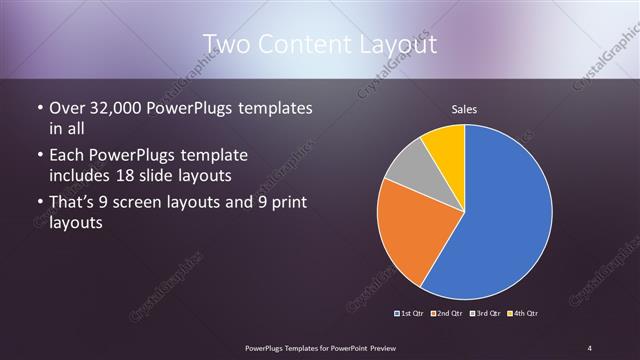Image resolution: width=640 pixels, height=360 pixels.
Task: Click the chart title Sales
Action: point(464,108)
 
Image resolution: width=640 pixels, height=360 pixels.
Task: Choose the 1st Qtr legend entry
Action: point(411,314)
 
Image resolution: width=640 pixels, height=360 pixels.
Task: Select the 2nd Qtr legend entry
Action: point(446,314)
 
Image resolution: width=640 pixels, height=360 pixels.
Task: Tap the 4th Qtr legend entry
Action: point(522,314)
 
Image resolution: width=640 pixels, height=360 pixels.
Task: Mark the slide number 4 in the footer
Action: point(590,347)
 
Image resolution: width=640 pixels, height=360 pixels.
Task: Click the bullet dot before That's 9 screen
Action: point(39,203)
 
